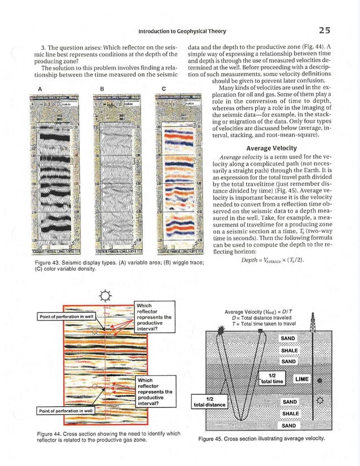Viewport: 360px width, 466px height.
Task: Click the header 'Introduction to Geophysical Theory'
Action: [x=183, y=30]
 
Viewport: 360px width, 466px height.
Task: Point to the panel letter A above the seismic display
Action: [x=40, y=87]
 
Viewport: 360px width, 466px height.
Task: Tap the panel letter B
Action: [x=102, y=87]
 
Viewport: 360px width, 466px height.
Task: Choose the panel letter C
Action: [x=163, y=87]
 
